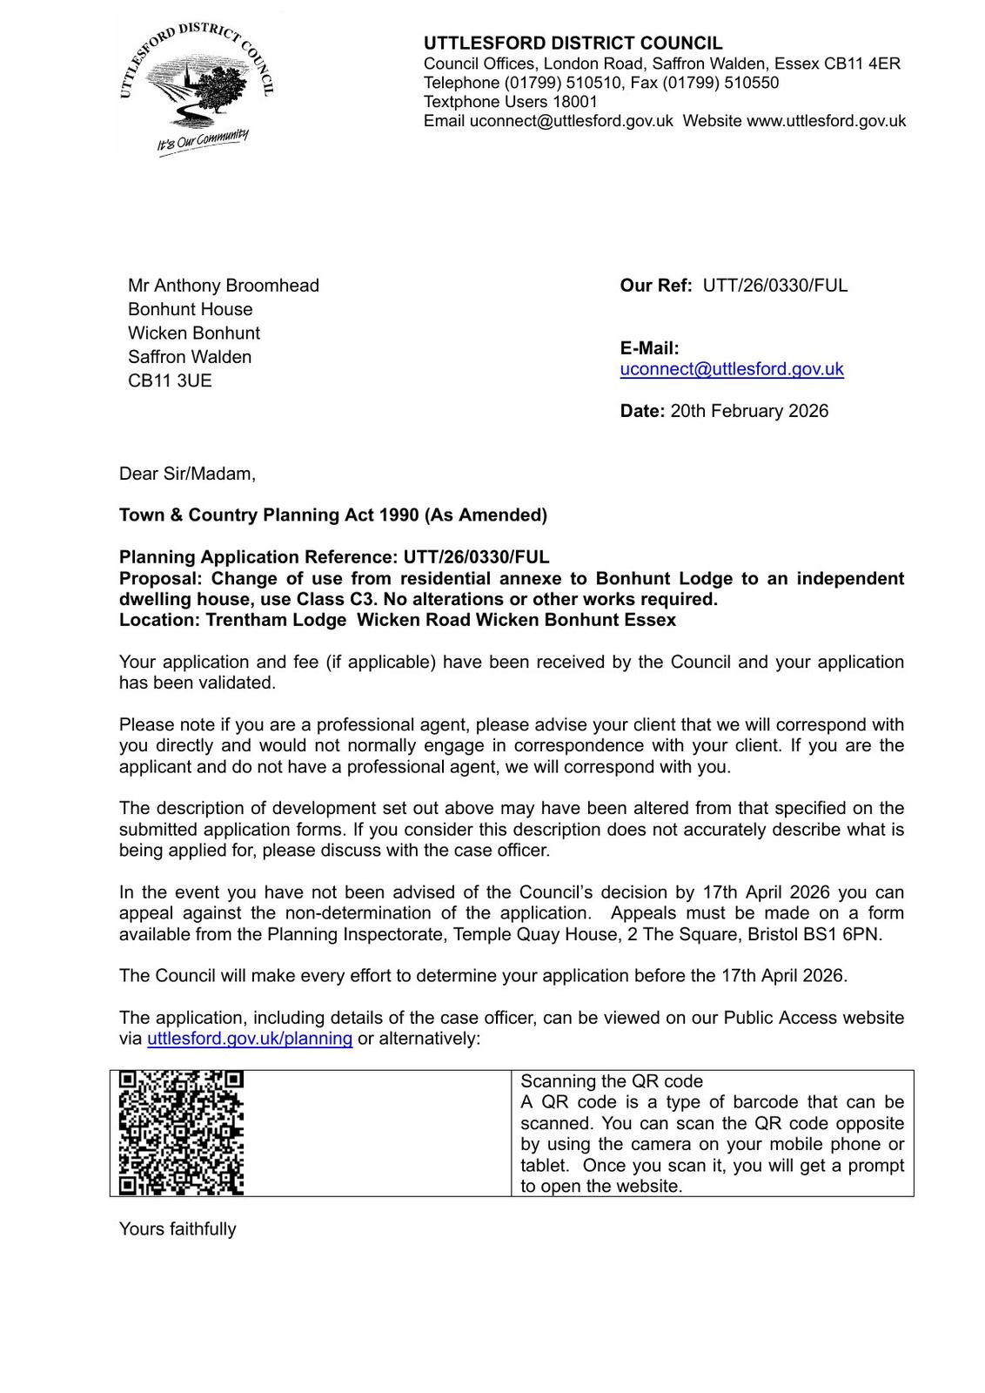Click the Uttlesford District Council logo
[196, 87]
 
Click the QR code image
[181, 1133]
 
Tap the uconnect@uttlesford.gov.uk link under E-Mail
[731, 369]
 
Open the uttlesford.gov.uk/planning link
[250, 1039]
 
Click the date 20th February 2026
[749, 411]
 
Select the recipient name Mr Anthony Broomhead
[224, 286]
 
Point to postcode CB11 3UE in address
[170, 380]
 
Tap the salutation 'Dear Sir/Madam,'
[187, 474]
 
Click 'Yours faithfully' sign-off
[178, 1229]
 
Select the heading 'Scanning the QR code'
[611, 1081]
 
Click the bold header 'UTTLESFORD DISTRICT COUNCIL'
[573, 44]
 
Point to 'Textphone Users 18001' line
[510, 102]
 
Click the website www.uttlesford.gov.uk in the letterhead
[826, 121]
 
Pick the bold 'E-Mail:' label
[649, 348]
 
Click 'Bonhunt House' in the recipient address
[191, 309]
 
